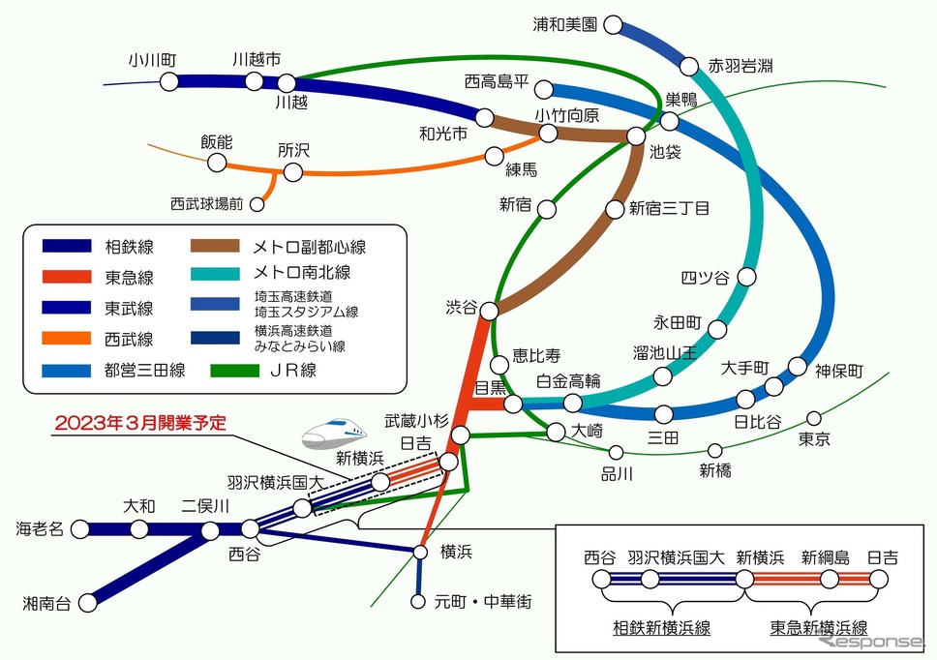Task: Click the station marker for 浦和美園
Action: pyautogui.click(x=613, y=25)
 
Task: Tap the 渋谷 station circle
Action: pyautogui.click(x=490, y=311)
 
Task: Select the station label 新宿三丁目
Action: pyautogui.click(x=669, y=208)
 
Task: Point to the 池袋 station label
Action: pyautogui.click(x=665, y=152)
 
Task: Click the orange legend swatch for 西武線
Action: pyautogui.click(x=67, y=339)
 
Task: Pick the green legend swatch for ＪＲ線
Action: pyautogui.click(x=235, y=371)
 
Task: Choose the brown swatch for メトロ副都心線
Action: pyautogui.click(x=215, y=246)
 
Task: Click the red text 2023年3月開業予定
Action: pyautogui.click(x=140, y=423)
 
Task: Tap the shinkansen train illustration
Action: pyautogui.click(x=333, y=433)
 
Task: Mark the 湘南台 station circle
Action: pyautogui.click(x=88, y=603)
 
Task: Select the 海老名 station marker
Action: pyautogui.click(x=80, y=528)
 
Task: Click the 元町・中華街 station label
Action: pyautogui.click(x=483, y=602)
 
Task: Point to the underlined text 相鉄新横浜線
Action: pyautogui.click(x=661, y=628)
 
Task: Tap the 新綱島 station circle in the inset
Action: pyautogui.click(x=830, y=579)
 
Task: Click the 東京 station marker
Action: pyautogui.click(x=814, y=417)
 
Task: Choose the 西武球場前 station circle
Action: pyautogui.click(x=257, y=204)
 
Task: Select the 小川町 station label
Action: pyautogui.click(x=152, y=60)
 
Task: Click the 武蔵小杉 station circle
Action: pyautogui.click(x=460, y=435)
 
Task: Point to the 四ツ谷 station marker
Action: pyautogui.click(x=746, y=277)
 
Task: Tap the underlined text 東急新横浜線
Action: pyautogui.click(x=819, y=628)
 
